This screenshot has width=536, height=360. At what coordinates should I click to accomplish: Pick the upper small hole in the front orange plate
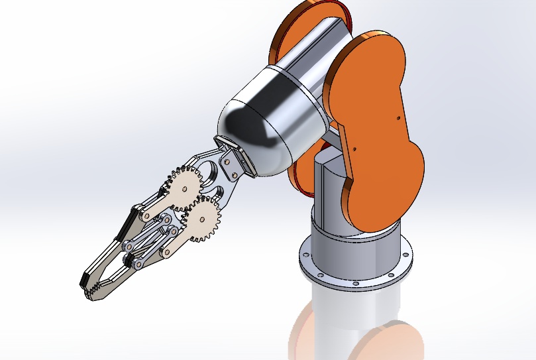tap(398, 118)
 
